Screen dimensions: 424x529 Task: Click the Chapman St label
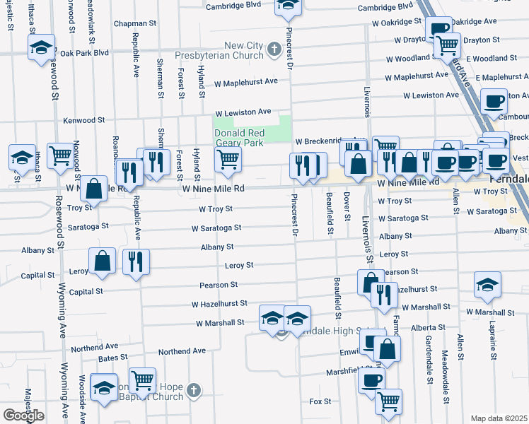pos(134,23)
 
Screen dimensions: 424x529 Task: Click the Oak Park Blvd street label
pos(85,52)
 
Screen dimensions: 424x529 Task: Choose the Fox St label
pos(320,401)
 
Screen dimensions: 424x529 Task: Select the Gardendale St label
pos(429,360)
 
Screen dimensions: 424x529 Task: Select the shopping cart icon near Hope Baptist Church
pos(142,380)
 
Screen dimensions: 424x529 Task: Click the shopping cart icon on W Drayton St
pos(447,45)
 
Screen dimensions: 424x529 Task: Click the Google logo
pos(23,416)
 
